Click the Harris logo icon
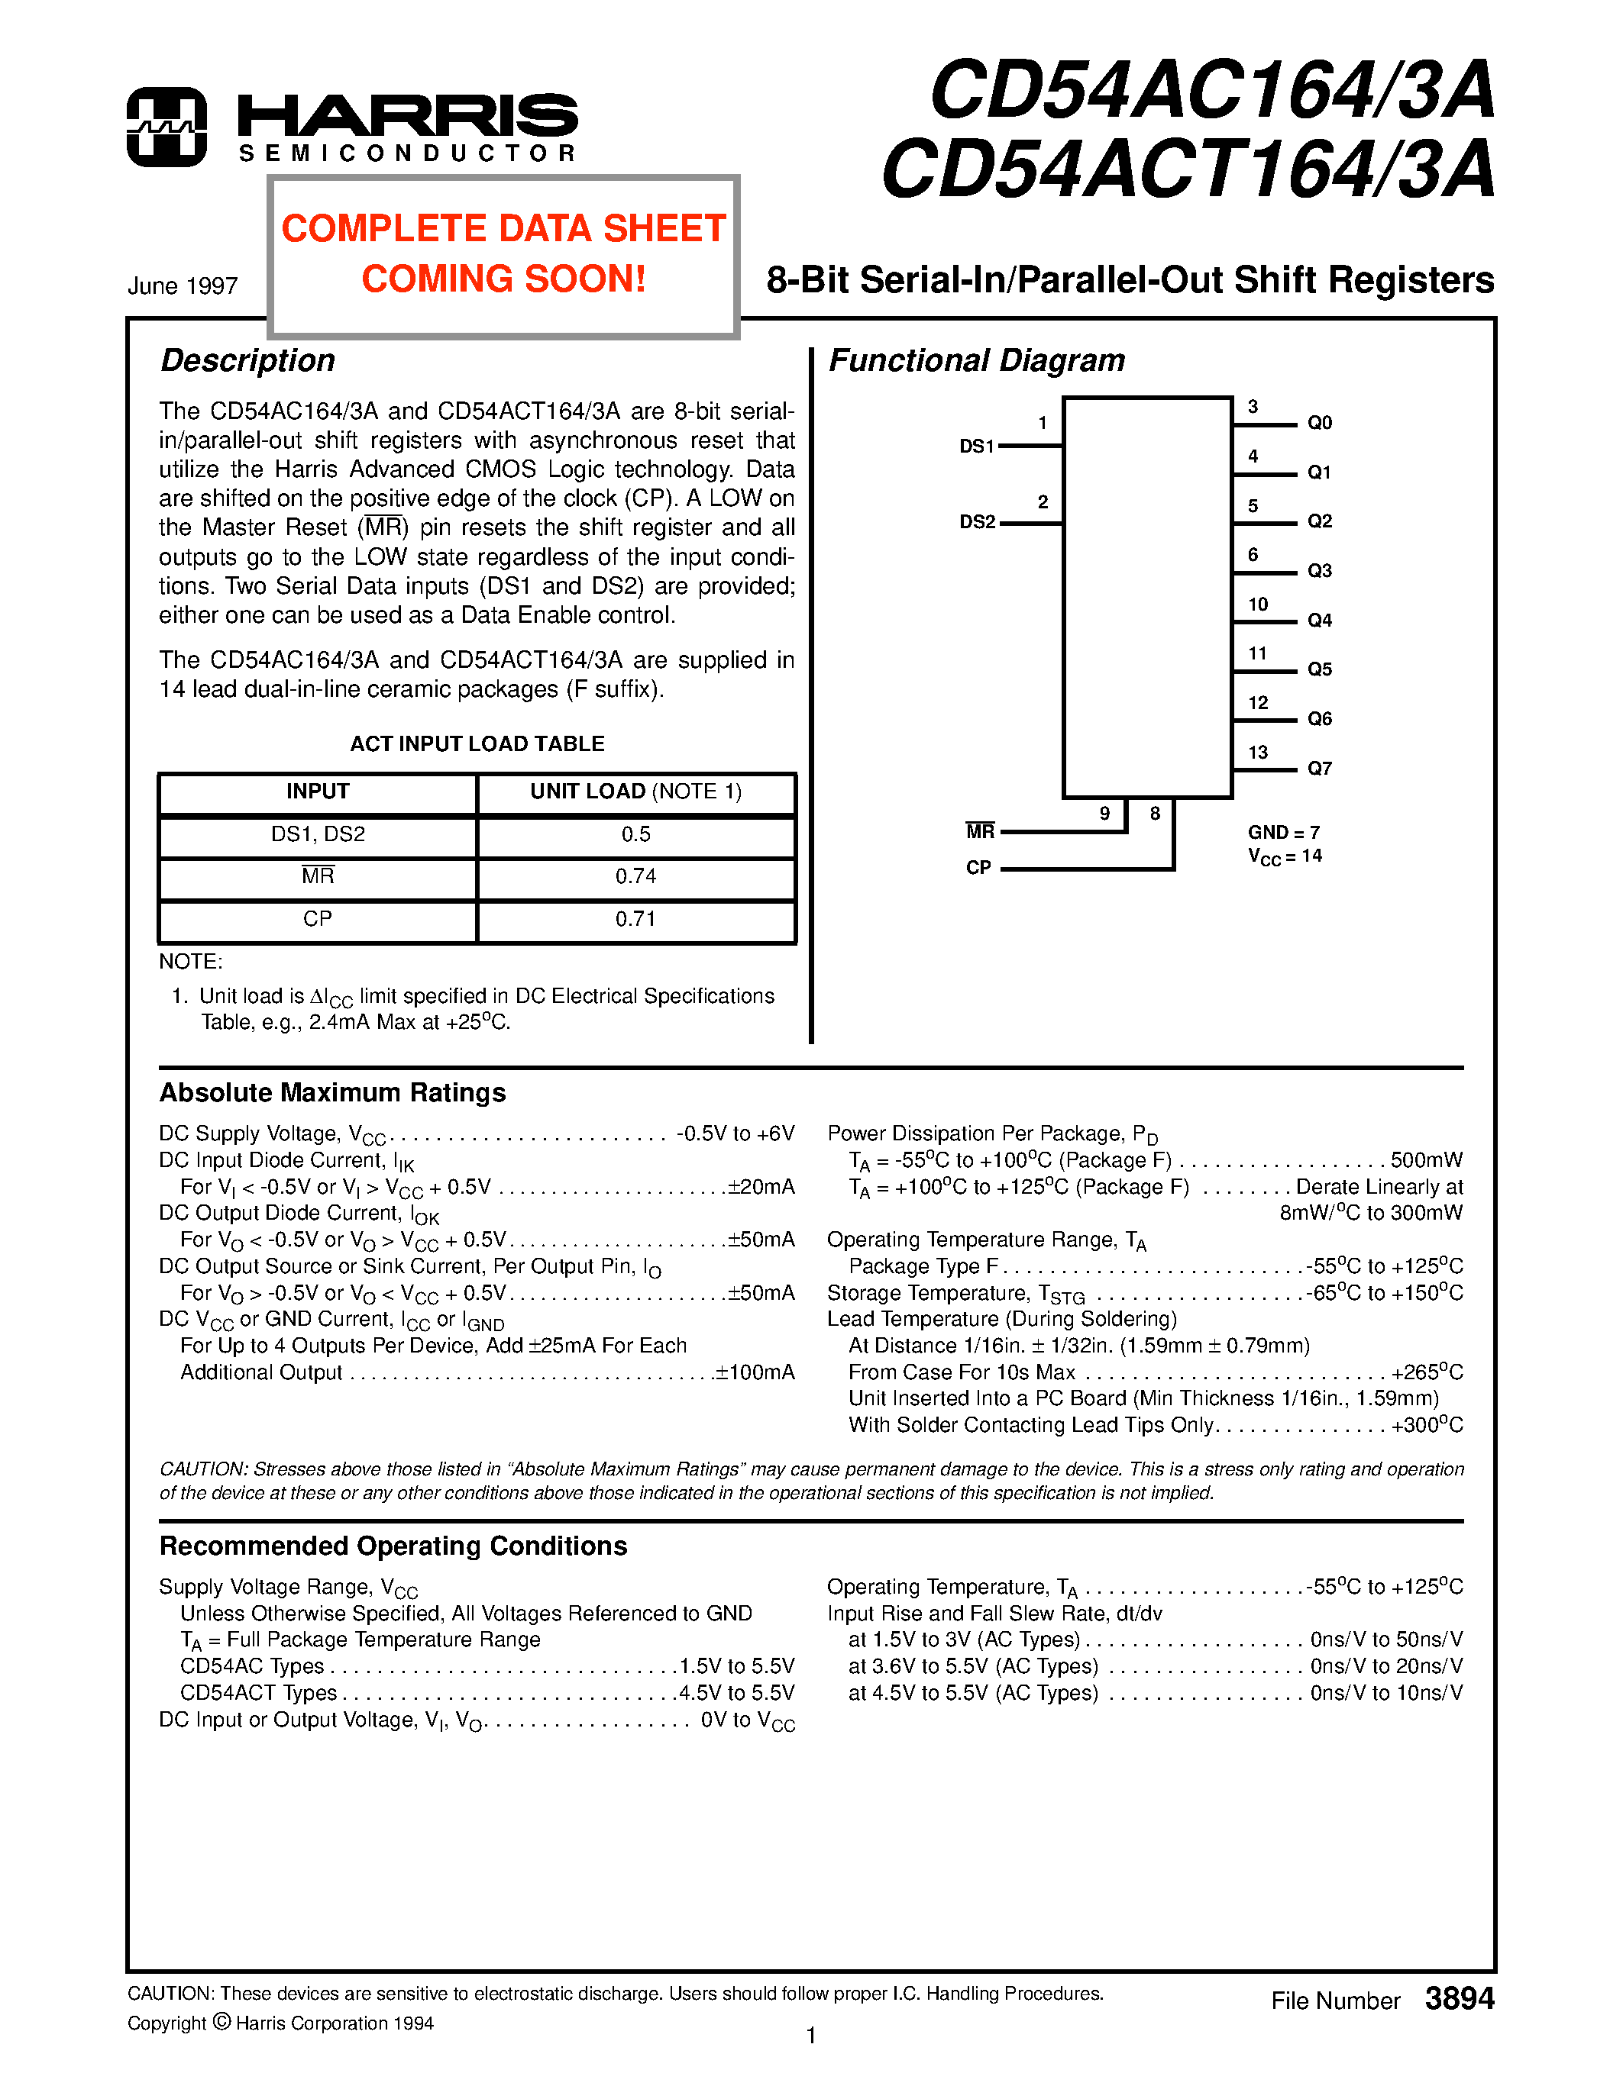[x=167, y=127]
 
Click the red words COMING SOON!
[x=503, y=279]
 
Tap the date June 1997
[x=183, y=286]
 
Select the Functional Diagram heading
[x=976, y=360]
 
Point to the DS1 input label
[x=976, y=446]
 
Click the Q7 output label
[x=1319, y=768]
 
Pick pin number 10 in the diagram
[x=1258, y=605]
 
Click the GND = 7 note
[x=1284, y=832]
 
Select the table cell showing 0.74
[x=635, y=876]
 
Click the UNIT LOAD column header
[x=635, y=792]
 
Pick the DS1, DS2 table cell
[x=317, y=834]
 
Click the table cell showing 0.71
[x=635, y=920]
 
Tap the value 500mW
[x=1426, y=1160]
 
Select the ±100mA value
[x=755, y=1372]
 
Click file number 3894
[x=1459, y=1998]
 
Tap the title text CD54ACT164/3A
[x=1188, y=169]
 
